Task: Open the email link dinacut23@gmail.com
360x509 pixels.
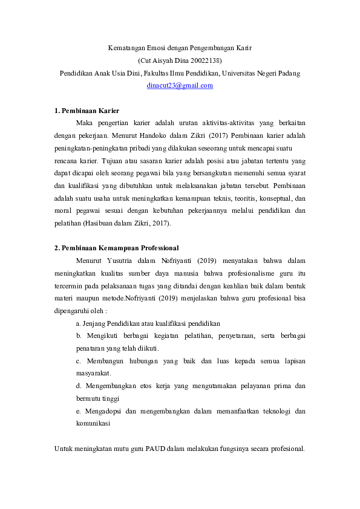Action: coord(180,86)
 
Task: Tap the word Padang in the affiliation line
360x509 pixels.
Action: coord(288,73)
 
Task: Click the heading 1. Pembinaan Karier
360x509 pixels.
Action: coord(87,111)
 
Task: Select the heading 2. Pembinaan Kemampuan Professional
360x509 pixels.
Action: coord(116,248)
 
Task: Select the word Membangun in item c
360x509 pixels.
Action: coord(108,361)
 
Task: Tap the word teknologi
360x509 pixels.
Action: coord(280,411)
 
